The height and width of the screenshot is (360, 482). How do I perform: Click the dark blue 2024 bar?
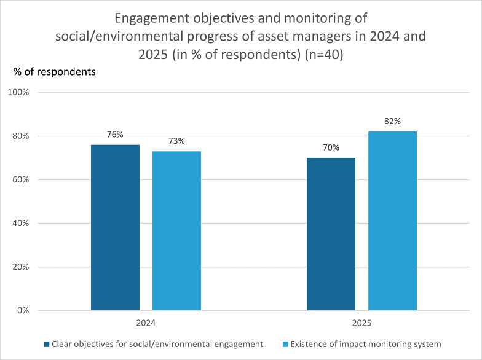(x=116, y=227)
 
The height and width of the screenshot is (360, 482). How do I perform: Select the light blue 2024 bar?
(x=177, y=231)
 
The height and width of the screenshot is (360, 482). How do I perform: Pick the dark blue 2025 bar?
(x=331, y=234)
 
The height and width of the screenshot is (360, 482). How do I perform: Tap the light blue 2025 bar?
(x=392, y=221)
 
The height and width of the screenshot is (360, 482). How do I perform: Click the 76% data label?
(x=116, y=135)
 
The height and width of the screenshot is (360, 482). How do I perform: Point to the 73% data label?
(x=177, y=141)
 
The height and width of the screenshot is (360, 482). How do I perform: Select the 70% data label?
(x=331, y=147)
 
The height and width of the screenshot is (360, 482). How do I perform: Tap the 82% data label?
(x=392, y=122)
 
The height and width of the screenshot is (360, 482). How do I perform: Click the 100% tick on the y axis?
(x=18, y=92)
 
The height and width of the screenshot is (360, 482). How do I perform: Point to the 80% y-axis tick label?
(x=21, y=136)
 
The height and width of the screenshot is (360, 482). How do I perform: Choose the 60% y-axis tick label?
(x=21, y=179)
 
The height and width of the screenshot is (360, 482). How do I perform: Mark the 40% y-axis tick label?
(x=21, y=223)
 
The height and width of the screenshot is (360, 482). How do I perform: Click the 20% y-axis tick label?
(x=21, y=267)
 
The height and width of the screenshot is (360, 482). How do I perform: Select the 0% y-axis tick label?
(x=23, y=310)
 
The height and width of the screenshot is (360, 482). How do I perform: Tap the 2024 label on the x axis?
(x=146, y=323)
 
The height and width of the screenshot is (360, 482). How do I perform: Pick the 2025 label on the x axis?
(x=361, y=323)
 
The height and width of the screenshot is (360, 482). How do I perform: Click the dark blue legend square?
(x=47, y=344)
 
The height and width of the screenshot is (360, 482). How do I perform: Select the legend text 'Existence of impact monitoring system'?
(x=366, y=344)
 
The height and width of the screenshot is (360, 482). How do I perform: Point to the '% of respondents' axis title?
(x=54, y=72)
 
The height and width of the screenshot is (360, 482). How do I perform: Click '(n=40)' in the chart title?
(x=324, y=54)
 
